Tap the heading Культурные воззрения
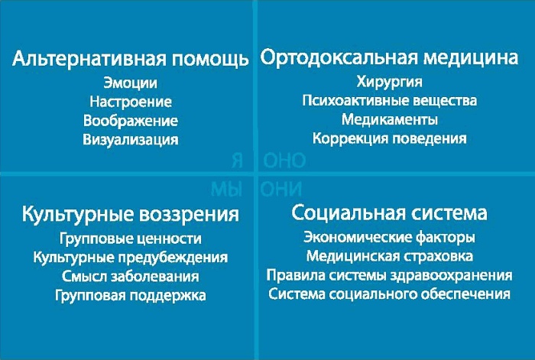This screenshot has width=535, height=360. (130, 212)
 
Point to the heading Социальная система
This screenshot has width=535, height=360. (389, 212)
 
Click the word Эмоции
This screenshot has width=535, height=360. (131, 83)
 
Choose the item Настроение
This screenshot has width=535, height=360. (131, 102)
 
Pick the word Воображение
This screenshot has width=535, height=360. (131, 121)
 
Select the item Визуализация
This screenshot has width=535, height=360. (131, 140)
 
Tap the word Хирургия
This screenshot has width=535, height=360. (390, 82)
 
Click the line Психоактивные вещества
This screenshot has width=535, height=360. (390, 101)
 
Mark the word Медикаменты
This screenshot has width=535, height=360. (390, 120)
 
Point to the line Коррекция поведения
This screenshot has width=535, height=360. (390, 139)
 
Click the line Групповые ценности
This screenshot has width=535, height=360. (130, 238)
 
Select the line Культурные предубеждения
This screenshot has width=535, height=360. (130, 258)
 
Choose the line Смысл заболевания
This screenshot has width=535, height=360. (130, 276)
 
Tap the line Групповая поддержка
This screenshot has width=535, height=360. (130, 295)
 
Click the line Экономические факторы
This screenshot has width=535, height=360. (389, 238)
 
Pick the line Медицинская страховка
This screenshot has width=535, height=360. (389, 257)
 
